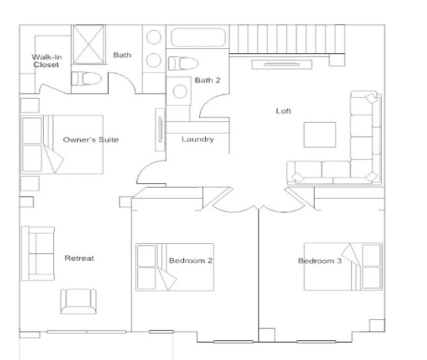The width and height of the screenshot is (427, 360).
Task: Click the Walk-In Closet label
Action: pos(46,61)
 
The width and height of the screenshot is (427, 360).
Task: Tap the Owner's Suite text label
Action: pos(91,139)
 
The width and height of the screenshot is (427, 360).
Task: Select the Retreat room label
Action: pos(79,258)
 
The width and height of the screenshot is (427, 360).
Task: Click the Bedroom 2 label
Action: pos(191,261)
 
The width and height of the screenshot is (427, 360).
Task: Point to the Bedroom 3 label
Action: pos(319,261)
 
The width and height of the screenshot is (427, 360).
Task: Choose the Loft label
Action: pos(283,112)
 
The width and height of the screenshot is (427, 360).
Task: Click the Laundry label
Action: pos(197,139)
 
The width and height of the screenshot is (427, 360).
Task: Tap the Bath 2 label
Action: pos(207,80)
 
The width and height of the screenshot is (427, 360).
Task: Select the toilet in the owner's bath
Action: pos(87,77)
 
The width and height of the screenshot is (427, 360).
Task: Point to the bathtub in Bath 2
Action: pos(199,37)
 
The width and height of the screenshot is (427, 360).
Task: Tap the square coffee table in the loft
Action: pos(320,135)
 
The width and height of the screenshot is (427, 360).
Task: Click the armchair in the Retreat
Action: pos(78,301)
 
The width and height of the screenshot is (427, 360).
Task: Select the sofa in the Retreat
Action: pos(37,253)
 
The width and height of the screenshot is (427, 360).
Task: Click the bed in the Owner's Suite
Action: pos(61,144)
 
